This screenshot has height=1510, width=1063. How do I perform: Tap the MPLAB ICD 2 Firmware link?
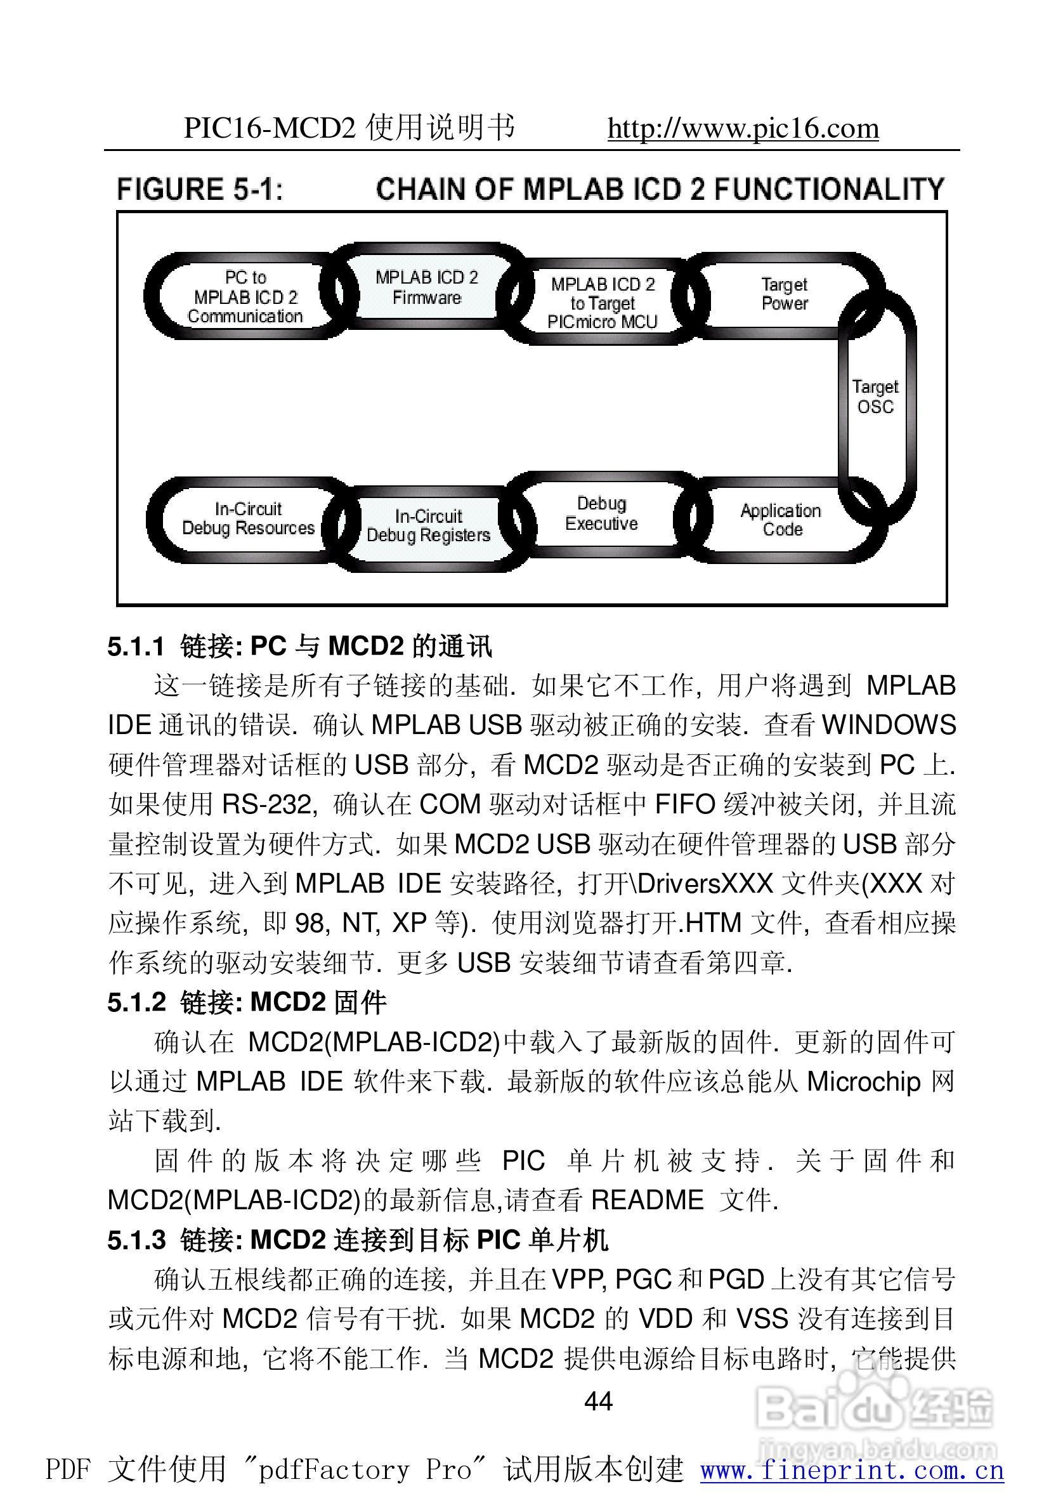(427, 287)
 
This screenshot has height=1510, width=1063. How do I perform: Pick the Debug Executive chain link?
(601, 514)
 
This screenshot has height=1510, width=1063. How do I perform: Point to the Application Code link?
(781, 520)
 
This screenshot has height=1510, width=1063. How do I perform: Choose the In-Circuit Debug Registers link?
(428, 525)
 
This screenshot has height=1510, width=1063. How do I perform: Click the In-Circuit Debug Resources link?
(248, 518)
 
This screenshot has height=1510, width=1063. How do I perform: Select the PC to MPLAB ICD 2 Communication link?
(245, 297)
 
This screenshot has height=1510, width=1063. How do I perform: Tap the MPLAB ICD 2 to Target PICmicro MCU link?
(603, 303)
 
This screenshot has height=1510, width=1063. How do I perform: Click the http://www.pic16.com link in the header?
(743, 128)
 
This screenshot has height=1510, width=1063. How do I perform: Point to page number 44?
(598, 1402)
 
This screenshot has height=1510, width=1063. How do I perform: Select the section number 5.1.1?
(136, 647)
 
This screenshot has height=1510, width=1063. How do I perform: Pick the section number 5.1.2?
(136, 1002)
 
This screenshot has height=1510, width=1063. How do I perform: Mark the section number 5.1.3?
(136, 1240)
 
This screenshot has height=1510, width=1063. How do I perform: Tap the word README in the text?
(647, 1200)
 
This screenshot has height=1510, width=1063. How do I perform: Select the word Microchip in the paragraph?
(863, 1082)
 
